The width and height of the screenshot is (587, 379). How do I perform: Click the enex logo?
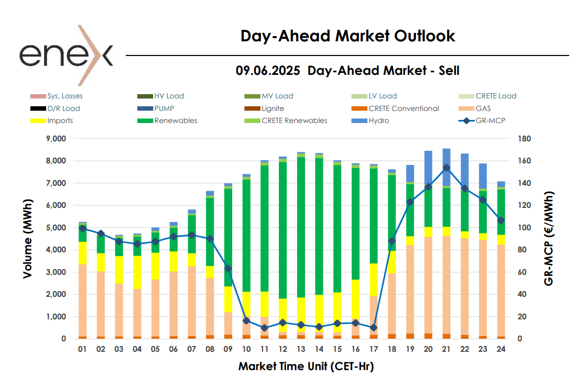click(x=66, y=54)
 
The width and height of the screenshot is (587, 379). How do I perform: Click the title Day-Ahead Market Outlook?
click(x=347, y=36)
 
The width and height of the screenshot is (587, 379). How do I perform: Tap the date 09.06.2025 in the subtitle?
click(x=268, y=70)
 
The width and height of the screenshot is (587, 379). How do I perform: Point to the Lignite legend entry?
click(x=273, y=108)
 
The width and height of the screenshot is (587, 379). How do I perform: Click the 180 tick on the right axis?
click(x=525, y=139)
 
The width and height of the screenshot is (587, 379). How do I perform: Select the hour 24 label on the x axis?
click(x=501, y=349)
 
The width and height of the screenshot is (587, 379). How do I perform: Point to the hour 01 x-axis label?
click(x=82, y=349)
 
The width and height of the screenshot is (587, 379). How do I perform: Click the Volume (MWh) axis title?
click(x=27, y=238)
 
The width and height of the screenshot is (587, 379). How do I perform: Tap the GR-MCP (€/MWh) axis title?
click(x=549, y=238)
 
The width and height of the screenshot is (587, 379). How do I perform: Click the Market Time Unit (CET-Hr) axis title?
click(x=306, y=365)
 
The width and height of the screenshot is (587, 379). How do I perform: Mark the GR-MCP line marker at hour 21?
click(x=447, y=168)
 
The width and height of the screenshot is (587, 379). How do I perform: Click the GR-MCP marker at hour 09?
click(x=228, y=268)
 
